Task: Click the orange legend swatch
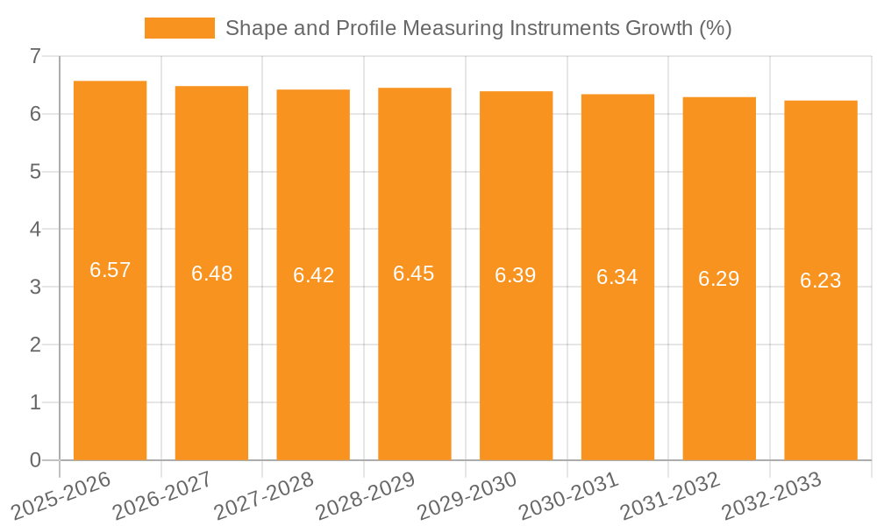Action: pos(179,28)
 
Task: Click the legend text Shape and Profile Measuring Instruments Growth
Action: pos(478,28)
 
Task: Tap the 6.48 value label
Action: pos(211,274)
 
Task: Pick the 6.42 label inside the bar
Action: pos(313,275)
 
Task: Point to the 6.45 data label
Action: pos(414,274)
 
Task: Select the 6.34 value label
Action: pos(617,277)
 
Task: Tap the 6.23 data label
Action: pos(820,281)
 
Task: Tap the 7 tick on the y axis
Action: pos(35,56)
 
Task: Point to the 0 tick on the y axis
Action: pos(35,460)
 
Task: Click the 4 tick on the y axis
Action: pos(35,230)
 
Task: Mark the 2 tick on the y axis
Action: pos(35,345)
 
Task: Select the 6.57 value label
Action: pos(110,270)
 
